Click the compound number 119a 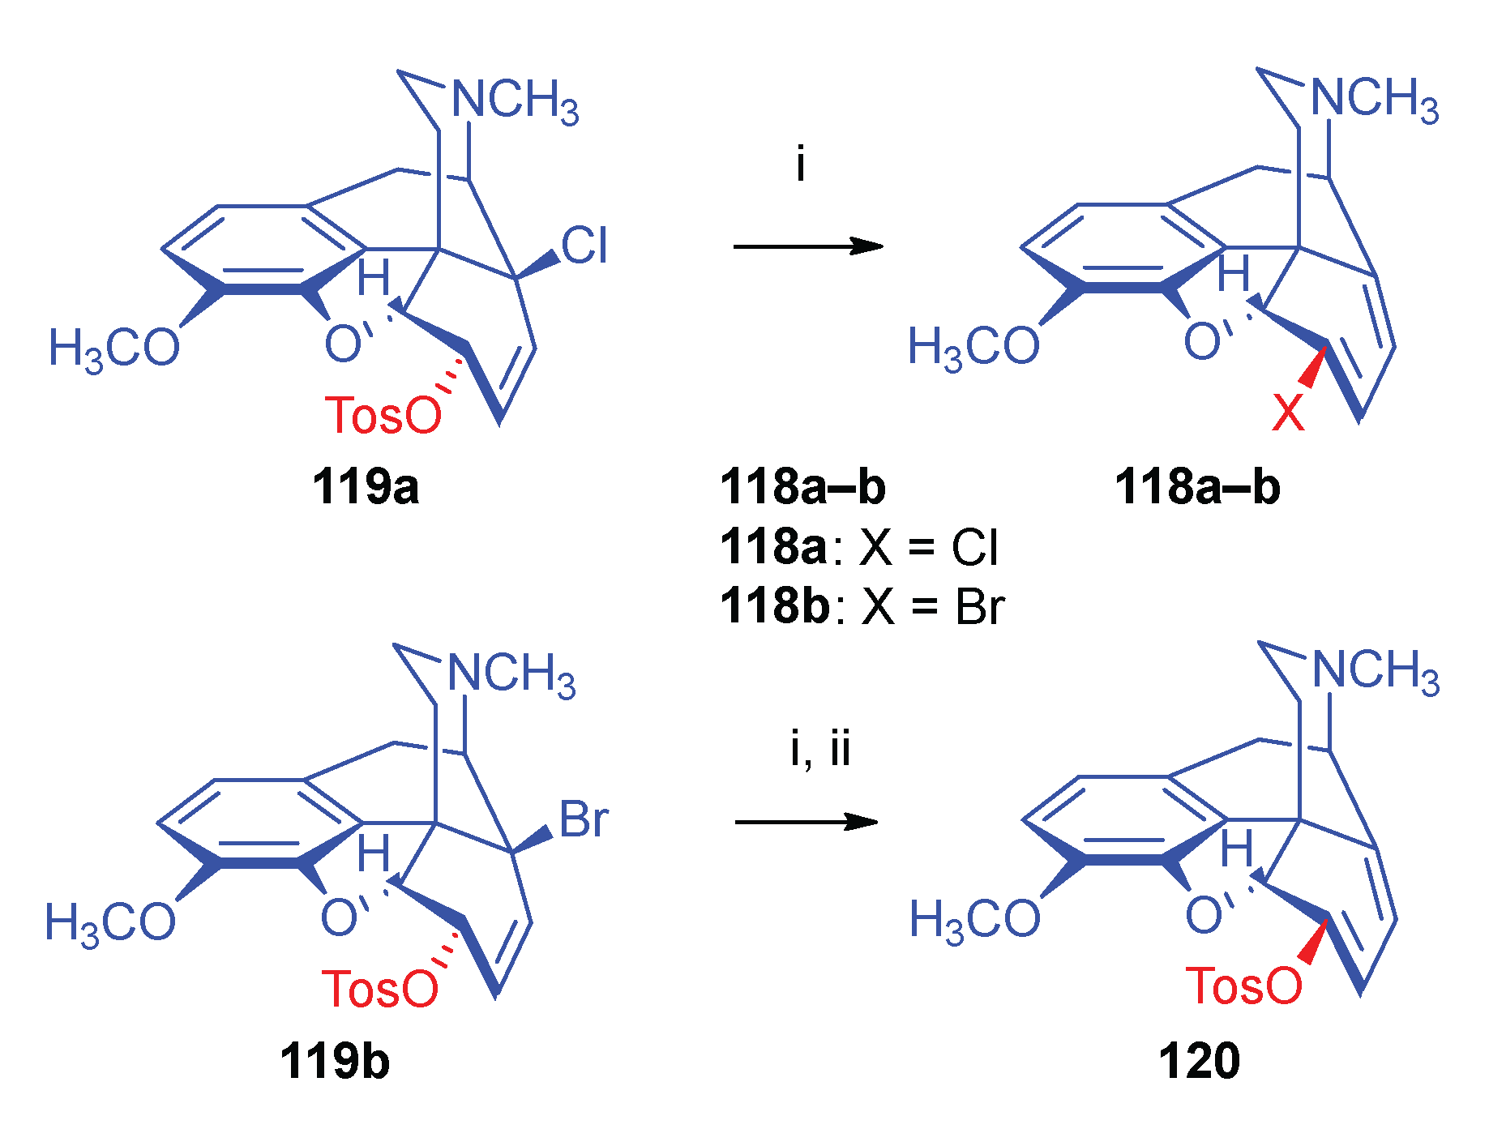point(366,487)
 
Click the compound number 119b point(335,1061)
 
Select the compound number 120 point(1199,1061)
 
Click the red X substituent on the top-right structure point(1288,412)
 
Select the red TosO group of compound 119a point(383,415)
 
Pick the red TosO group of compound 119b point(379,989)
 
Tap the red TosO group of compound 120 point(1243,986)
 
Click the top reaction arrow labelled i point(807,246)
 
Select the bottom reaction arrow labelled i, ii point(806,822)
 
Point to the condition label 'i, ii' point(820,749)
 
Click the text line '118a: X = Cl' point(859,547)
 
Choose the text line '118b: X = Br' point(862,606)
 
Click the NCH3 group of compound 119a point(515,101)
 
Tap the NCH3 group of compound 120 point(1376,672)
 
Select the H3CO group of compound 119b point(110,922)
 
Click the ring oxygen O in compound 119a point(342,344)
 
